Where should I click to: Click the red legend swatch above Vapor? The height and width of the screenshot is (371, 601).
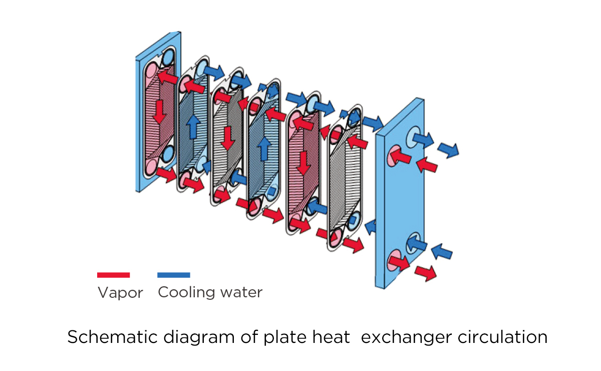(114, 275)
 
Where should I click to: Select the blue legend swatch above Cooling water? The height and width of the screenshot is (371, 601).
(174, 275)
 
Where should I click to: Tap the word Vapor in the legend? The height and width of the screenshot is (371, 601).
(120, 293)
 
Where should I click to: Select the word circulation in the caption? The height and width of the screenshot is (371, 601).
(502, 337)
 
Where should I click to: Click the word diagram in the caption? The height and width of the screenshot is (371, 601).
(199, 338)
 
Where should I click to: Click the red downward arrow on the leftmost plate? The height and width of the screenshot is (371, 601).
(159, 112)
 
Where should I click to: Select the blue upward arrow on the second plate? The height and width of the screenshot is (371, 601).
(193, 127)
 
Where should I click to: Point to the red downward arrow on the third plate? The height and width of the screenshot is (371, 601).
(228, 138)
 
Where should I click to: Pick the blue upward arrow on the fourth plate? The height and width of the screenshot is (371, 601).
(264, 149)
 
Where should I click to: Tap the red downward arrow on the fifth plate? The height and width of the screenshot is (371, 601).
(304, 163)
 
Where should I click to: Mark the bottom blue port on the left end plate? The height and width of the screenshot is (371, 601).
(168, 154)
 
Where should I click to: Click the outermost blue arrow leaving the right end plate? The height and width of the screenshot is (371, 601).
(448, 150)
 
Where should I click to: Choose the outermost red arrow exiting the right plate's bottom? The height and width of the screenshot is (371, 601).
(426, 273)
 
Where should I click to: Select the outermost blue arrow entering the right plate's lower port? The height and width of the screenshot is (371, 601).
(442, 252)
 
